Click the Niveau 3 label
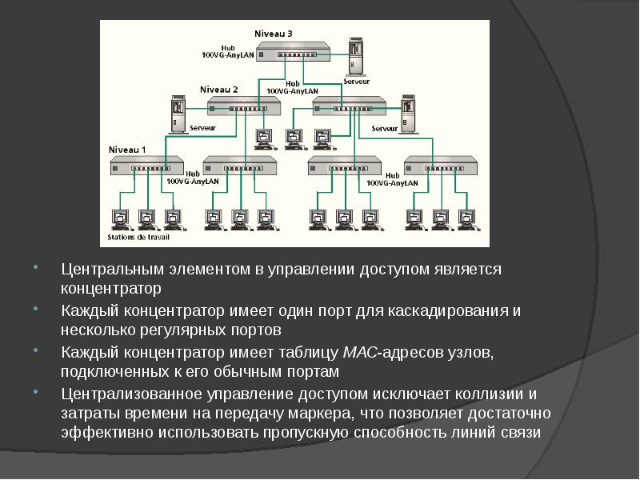coord(274,34)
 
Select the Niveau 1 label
coord(128,150)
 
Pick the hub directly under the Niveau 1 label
coord(140,167)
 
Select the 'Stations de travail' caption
coord(138,238)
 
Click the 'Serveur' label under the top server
coord(357,81)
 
